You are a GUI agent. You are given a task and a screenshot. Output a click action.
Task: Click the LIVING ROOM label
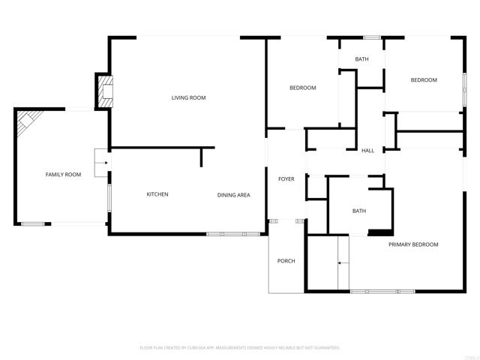(188, 97)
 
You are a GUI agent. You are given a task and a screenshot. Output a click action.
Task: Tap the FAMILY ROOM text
(63, 175)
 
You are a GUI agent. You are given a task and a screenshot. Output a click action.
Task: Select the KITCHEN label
(157, 194)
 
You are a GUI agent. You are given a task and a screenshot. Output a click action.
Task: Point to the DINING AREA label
(233, 195)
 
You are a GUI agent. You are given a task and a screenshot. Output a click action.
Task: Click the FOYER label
(286, 179)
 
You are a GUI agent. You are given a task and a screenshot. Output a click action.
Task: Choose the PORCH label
(286, 261)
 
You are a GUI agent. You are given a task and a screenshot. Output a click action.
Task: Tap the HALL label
(367, 151)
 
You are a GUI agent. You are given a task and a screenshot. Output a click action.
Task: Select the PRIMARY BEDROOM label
(413, 244)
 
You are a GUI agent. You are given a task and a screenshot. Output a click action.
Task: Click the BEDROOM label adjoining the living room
(303, 88)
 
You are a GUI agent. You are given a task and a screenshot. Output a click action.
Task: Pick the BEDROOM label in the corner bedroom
(423, 80)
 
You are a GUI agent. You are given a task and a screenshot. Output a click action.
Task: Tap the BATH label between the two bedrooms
(361, 59)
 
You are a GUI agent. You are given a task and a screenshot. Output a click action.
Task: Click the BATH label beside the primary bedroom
(359, 211)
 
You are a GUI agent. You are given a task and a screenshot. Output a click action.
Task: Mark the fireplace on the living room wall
(103, 90)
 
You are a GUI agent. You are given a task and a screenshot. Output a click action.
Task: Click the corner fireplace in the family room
(28, 119)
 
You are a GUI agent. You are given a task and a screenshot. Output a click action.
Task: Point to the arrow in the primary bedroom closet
(343, 263)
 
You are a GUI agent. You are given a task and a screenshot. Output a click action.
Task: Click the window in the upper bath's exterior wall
(372, 37)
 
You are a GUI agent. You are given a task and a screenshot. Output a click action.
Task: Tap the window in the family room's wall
(33, 223)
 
